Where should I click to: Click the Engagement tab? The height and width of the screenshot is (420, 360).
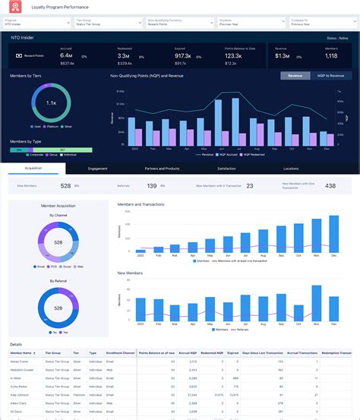[x=97, y=169]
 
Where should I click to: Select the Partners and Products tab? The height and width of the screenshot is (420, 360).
[x=162, y=169]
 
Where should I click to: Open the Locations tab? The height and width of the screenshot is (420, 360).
[x=291, y=169]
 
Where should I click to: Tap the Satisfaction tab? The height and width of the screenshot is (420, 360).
[x=226, y=169]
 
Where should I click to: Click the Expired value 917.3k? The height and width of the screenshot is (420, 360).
[x=182, y=56]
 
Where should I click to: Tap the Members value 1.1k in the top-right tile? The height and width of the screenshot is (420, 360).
[x=331, y=56]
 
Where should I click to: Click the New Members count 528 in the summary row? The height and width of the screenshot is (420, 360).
[x=66, y=186]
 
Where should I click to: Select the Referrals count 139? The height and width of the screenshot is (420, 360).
[x=152, y=186]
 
